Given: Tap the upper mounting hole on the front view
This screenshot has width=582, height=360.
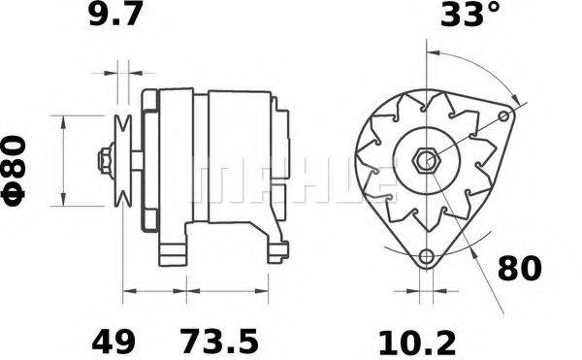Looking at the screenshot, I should tap(503, 117).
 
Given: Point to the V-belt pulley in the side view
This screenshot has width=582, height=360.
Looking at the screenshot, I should tap(122, 159).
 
